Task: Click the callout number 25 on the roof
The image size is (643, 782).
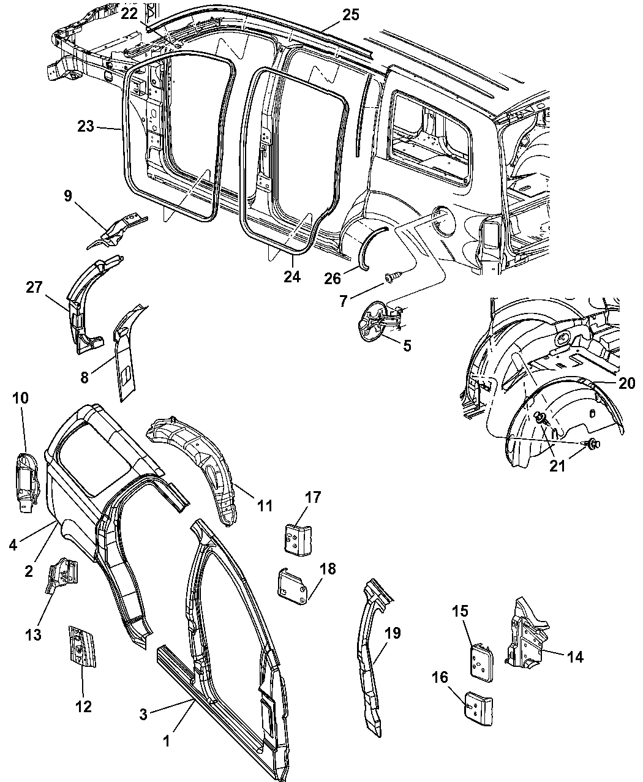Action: pyautogui.click(x=350, y=15)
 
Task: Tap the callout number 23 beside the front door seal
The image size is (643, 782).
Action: pyautogui.click(x=86, y=126)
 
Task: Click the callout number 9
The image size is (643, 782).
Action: pyautogui.click(x=67, y=196)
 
